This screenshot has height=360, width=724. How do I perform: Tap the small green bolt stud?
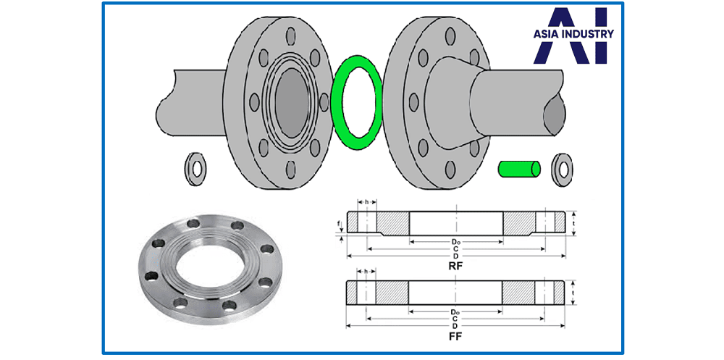point(519,169)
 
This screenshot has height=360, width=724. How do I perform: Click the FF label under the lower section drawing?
point(455,336)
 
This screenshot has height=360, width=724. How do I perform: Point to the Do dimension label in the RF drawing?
point(456,241)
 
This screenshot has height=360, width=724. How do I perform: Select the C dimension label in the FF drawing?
point(455,319)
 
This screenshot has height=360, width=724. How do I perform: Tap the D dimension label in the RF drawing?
point(455,256)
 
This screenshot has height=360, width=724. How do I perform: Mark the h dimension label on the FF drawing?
point(368,272)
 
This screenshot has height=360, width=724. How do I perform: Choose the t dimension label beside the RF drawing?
point(573,222)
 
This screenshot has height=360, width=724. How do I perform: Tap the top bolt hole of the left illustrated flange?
point(290,33)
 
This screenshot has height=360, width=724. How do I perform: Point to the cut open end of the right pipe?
point(556,114)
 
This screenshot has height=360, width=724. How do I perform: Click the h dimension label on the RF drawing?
point(368,202)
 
